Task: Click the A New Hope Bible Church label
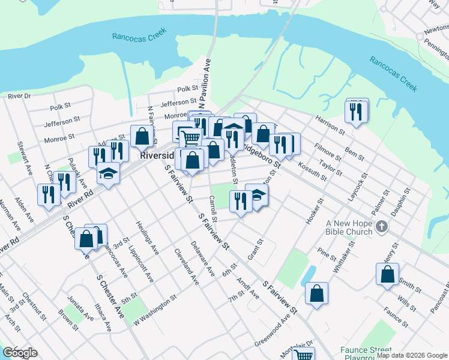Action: click(350, 227)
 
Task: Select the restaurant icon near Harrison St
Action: click(355, 112)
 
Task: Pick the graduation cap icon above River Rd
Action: click(108, 173)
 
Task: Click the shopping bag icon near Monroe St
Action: click(142, 136)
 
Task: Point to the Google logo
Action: click(20, 353)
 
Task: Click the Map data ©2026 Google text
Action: click(412, 355)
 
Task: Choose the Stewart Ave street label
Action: click(25, 158)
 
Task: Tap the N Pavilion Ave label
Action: click(203, 84)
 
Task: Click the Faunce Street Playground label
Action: click(365, 350)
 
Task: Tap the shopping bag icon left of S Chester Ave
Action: click(86, 238)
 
